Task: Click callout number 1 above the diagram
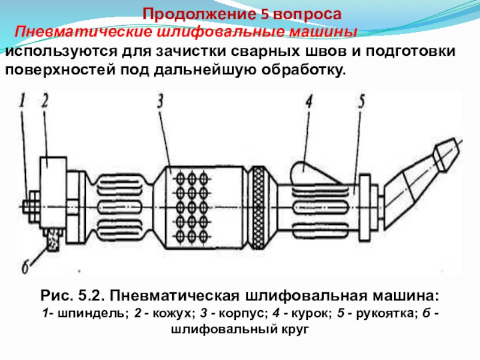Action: point(22,100)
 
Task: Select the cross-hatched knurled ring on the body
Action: point(259,208)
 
